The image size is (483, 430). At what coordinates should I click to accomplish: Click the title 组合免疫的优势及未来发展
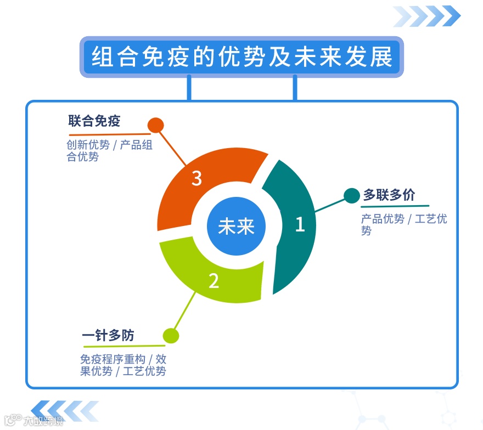tap(241, 57)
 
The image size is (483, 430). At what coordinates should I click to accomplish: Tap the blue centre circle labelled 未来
tap(236, 227)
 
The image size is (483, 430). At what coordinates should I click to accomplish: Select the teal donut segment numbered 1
tap(296, 225)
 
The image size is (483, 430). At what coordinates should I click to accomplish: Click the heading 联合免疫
tap(94, 121)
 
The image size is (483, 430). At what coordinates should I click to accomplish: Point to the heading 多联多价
tap(389, 195)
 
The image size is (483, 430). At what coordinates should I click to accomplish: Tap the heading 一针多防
tap(108, 335)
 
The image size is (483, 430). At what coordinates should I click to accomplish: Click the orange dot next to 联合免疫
tap(156, 125)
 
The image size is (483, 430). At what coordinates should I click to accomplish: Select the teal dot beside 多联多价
tap(351, 195)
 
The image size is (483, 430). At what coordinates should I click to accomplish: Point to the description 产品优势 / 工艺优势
tap(403, 224)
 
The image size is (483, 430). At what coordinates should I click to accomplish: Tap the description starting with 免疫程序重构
tap(123, 365)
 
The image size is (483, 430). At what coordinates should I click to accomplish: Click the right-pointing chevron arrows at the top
tap(427, 16)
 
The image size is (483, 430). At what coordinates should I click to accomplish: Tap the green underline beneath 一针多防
tap(123, 346)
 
